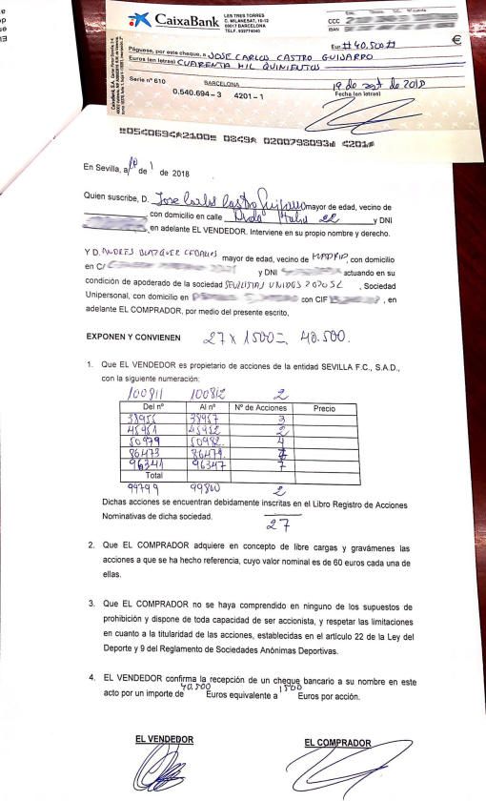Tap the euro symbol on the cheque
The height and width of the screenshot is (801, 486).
[x=456, y=40]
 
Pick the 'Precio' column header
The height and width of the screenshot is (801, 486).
[x=325, y=407]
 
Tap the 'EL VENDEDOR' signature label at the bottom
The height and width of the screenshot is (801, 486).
[x=164, y=739]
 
